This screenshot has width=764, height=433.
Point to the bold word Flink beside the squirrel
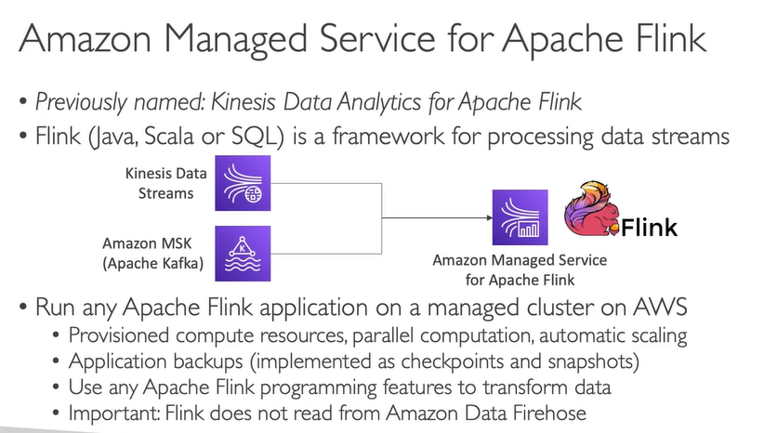click(x=649, y=227)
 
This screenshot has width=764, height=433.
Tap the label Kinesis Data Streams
click(x=160, y=183)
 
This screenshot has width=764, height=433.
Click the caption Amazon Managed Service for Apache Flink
click(x=520, y=269)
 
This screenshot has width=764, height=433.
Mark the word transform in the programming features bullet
click(x=508, y=387)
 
